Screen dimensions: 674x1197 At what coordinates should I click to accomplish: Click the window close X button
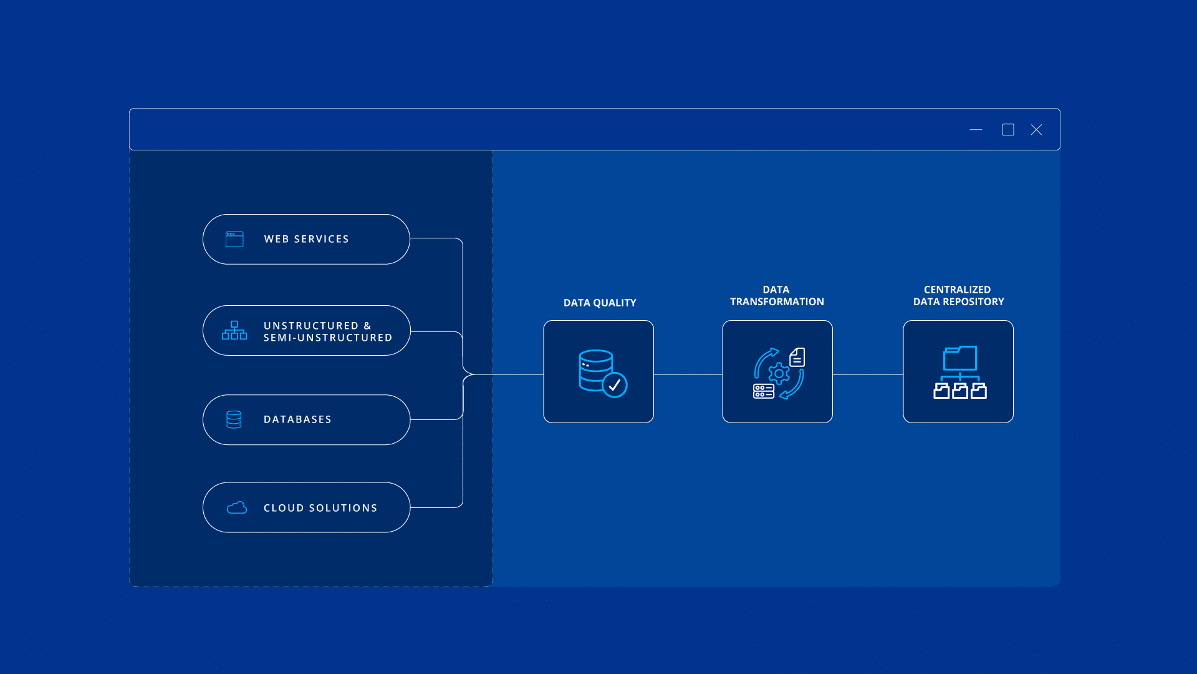(1036, 130)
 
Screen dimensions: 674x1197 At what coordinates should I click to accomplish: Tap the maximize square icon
(1008, 130)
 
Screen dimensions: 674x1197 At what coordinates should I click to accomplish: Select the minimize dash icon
(976, 130)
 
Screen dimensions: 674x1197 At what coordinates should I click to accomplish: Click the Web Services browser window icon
(234, 239)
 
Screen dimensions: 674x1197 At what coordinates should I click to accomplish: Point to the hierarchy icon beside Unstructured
(234, 331)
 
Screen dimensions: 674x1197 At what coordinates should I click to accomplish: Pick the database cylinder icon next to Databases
(234, 419)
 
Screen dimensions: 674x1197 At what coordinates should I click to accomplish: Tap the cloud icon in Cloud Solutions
(237, 508)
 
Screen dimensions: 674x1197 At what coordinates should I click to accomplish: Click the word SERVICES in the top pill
(321, 239)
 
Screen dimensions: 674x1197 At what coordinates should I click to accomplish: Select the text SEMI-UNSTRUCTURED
(328, 338)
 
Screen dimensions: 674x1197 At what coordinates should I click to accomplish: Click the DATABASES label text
(297, 419)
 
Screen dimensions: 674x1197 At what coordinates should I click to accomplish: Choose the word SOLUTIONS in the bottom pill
(344, 508)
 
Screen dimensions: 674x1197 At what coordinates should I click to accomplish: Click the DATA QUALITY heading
(600, 303)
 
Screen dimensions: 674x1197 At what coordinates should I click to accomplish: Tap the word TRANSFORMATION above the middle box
(777, 302)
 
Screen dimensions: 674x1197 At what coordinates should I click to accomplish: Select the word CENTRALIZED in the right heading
(957, 290)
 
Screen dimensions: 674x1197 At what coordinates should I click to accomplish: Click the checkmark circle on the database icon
(615, 385)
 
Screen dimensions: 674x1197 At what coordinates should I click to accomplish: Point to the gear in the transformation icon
(779, 374)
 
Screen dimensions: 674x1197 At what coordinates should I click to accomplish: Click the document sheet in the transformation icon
(797, 358)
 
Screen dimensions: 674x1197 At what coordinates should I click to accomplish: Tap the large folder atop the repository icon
(960, 359)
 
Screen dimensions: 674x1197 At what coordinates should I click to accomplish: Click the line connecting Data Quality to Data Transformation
(688, 374)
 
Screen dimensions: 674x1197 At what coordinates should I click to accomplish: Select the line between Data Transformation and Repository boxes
(868, 374)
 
